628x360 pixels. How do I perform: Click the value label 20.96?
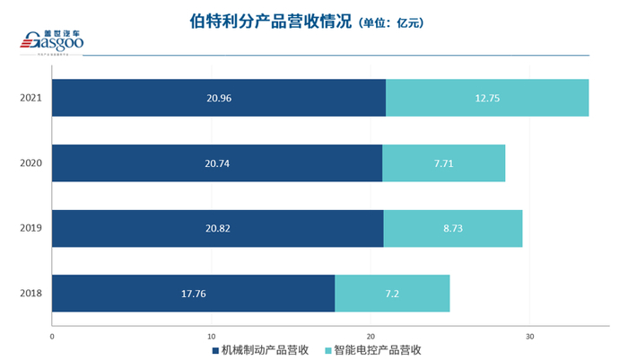pos(218,97)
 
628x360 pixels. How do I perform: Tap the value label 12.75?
pos(487,97)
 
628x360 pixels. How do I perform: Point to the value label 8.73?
pos(452,228)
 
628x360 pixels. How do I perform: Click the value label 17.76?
pos(193,294)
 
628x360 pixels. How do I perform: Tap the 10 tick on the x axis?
pos(212,336)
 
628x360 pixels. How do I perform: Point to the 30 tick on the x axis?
pos(529,336)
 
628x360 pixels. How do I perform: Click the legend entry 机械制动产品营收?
pos(260,350)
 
